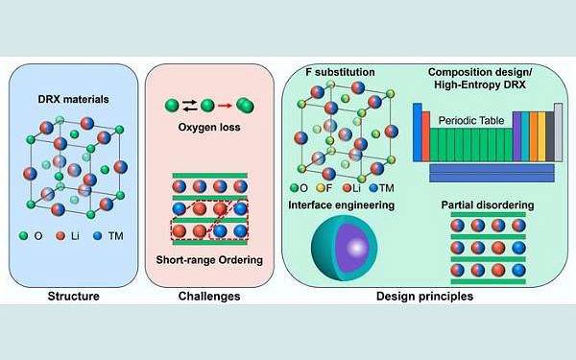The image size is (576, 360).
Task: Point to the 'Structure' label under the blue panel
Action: coord(74,296)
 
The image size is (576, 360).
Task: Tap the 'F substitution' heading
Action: coord(333,73)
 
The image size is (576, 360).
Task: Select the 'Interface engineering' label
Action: coord(342,204)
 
